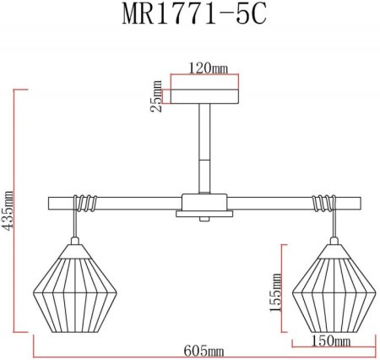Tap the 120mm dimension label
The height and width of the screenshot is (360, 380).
pos(205,68)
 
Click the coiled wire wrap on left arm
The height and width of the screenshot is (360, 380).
pos(85,203)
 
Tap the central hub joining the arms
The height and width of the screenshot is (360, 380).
pos(204,205)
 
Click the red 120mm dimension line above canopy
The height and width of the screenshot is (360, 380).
pos(205,75)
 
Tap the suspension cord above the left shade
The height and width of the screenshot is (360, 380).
pos(78,224)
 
